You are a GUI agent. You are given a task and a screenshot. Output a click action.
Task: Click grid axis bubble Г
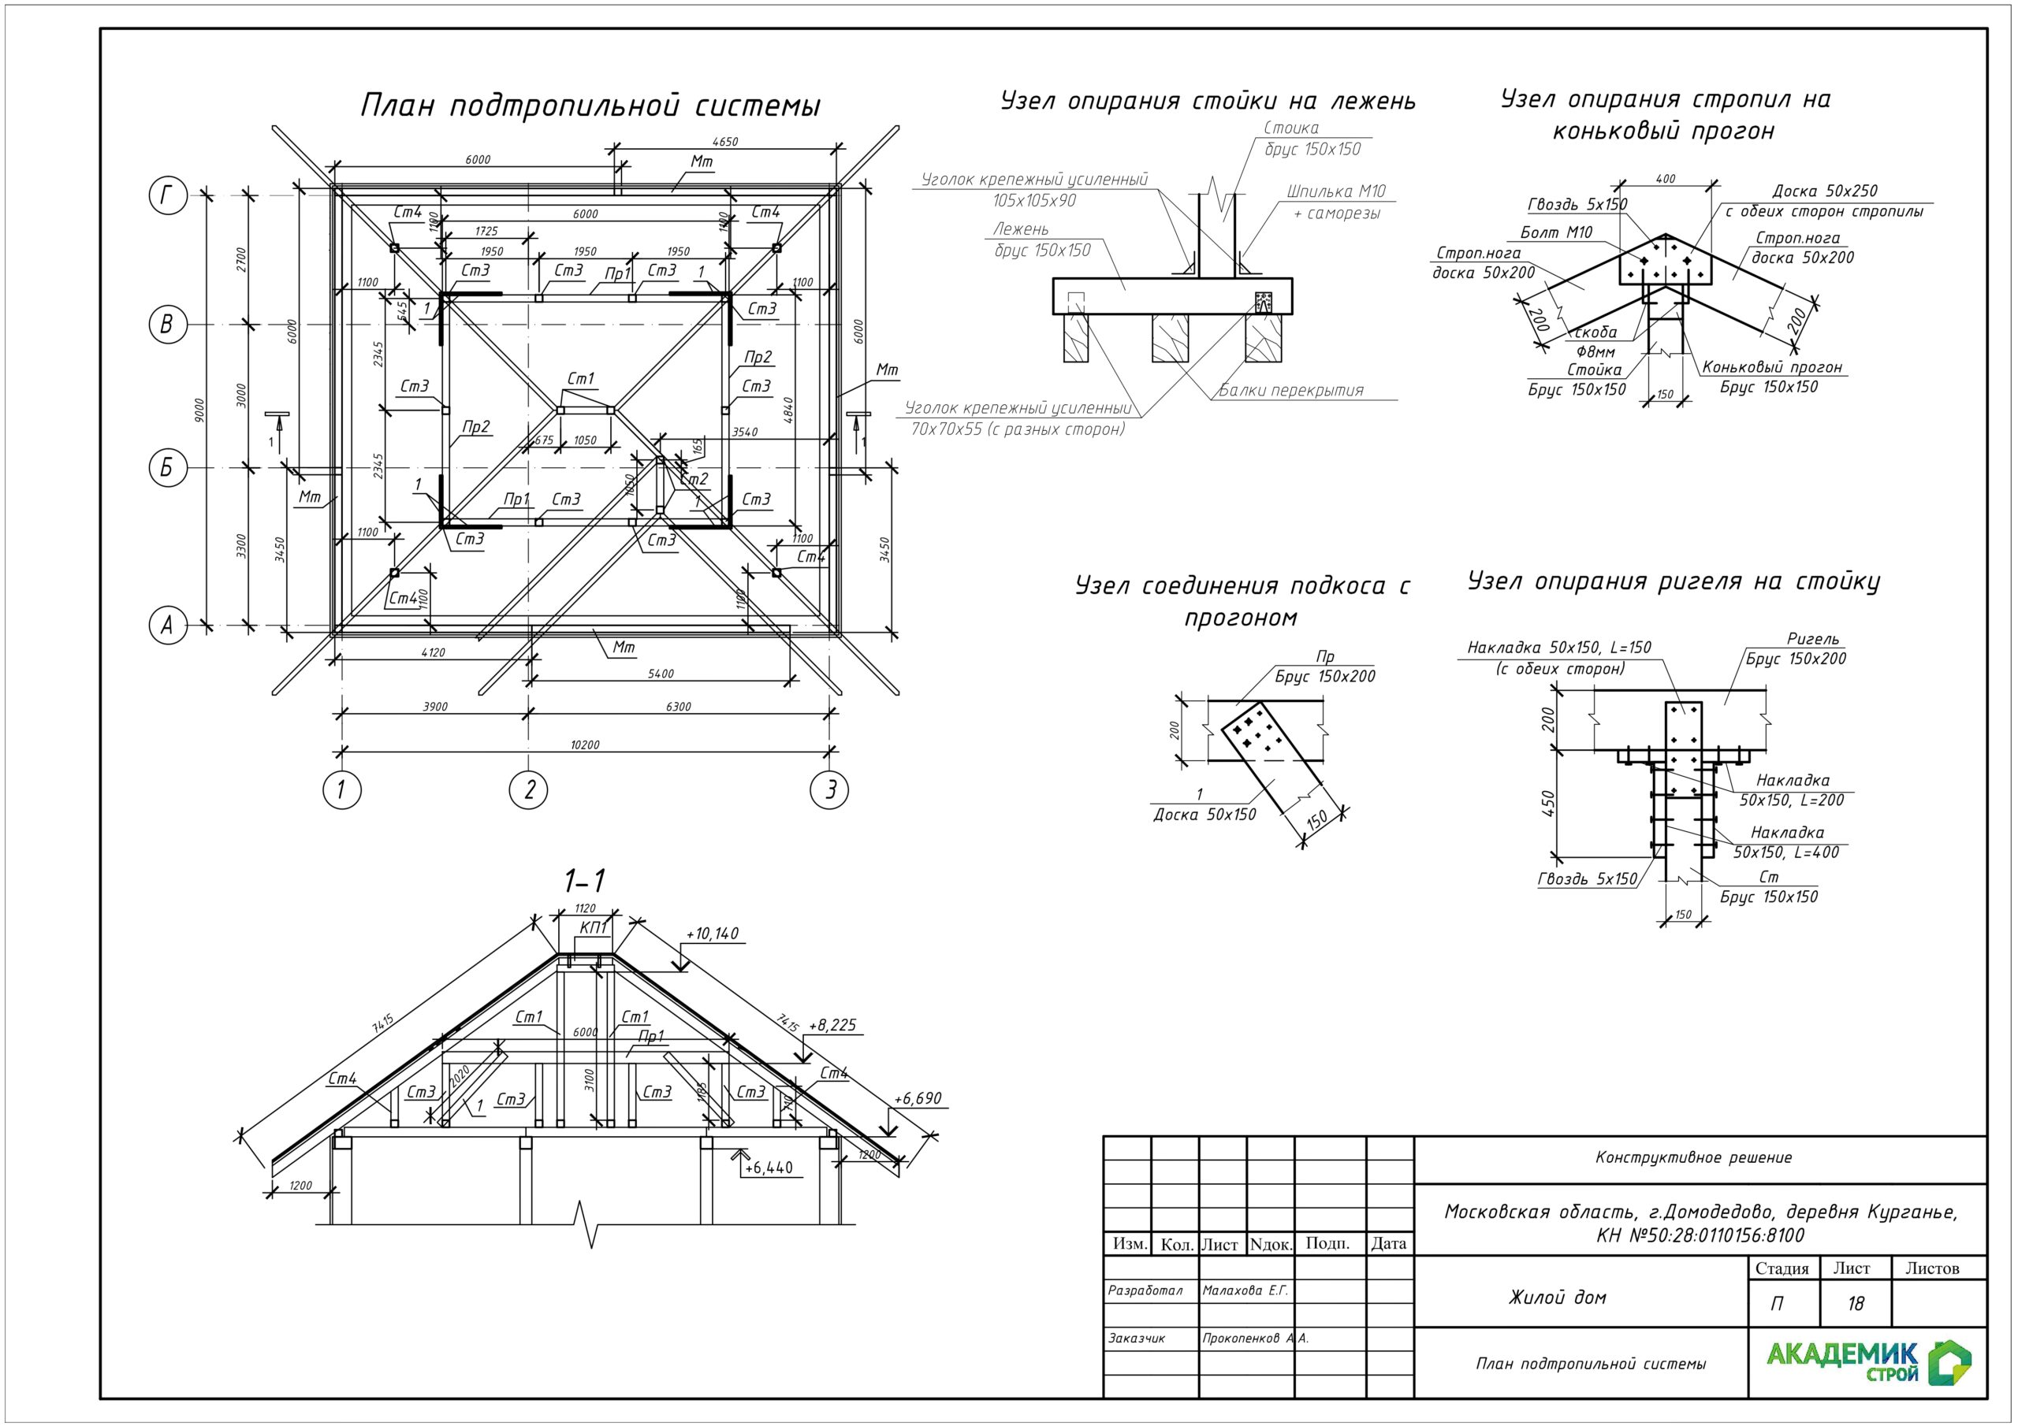167,195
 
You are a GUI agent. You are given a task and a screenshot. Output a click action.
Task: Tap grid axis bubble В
167,325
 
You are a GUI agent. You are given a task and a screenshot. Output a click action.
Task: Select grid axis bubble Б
167,467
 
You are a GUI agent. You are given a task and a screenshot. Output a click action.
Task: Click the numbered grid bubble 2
528,790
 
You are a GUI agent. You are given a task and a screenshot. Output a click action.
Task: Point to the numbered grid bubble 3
830,790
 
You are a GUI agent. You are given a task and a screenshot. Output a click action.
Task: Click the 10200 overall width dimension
584,745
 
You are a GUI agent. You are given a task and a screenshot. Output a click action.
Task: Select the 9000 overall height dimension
199,410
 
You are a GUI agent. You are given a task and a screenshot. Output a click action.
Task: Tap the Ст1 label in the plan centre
581,379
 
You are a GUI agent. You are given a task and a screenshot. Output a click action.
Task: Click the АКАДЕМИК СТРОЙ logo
1868,1362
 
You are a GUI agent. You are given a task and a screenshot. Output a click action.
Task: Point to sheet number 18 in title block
1855,1303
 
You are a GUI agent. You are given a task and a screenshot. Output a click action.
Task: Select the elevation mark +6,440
768,1168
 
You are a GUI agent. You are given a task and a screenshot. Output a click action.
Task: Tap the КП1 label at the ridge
594,928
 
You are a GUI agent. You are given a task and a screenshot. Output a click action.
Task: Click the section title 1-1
584,880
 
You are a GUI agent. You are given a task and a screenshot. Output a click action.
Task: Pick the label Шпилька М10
1336,191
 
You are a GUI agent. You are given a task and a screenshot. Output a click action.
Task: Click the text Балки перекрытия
1291,390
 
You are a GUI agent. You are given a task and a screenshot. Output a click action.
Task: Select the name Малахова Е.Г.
1245,1290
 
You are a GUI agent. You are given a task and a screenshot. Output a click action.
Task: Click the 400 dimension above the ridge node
1665,178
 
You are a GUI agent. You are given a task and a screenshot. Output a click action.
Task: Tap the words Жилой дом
1558,1297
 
